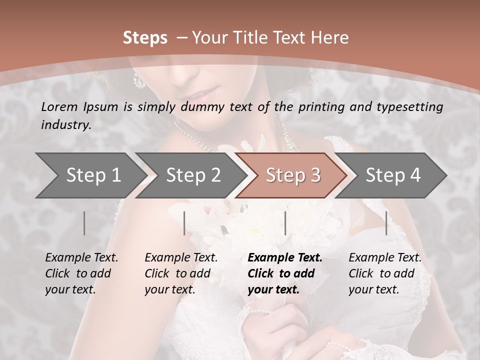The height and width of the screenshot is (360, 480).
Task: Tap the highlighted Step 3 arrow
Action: coord(292,175)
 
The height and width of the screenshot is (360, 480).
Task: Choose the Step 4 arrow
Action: coord(392,175)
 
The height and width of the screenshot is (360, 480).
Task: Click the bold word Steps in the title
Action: coord(145,37)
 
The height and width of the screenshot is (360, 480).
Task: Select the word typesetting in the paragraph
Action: coord(407,106)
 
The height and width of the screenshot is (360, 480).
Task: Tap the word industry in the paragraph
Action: coord(66,125)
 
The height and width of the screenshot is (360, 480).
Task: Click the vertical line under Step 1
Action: coord(84,223)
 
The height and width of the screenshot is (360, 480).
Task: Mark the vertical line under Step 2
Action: coord(184,223)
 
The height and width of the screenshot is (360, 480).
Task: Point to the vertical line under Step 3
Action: coord(285,223)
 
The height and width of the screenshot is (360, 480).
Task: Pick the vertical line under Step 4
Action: coord(386,223)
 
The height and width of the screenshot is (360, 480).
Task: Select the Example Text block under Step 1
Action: coord(81,273)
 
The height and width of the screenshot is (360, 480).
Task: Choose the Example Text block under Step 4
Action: coord(385,273)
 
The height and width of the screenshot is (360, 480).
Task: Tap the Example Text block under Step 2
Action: coord(181,273)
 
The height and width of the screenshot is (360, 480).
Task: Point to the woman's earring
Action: coord(139,80)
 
